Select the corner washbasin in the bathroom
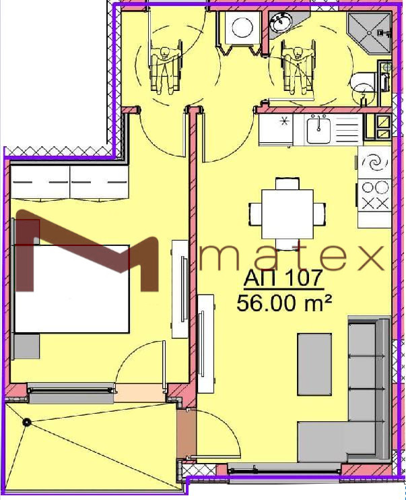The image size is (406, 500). click(281, 24)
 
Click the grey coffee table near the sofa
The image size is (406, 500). click(314, 364)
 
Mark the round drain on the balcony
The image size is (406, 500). click(26, 423)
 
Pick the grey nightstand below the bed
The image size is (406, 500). click(26, 346)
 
